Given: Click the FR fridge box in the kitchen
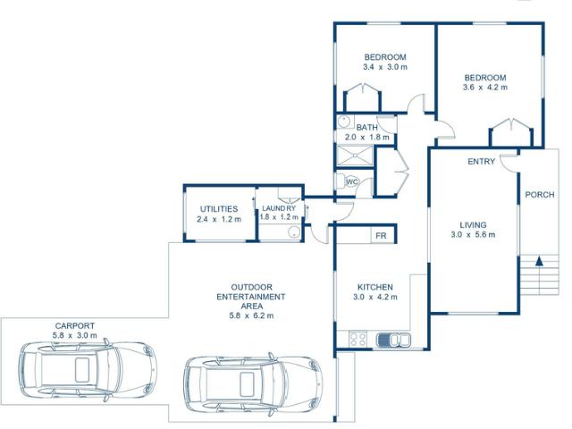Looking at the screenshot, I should pos(380,235).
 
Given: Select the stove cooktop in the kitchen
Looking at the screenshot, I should pos(358,340).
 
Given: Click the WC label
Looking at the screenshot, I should pos(352,181).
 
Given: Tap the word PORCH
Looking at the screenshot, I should pos(539,195).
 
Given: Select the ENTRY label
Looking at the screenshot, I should pos(481,162).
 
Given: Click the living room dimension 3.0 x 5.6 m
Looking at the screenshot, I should pos(473,235).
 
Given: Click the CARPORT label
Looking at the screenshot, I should pos(74,326).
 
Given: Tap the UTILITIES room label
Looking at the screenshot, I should pos(218,208).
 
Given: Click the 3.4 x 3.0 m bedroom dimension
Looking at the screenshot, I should pos(385,67).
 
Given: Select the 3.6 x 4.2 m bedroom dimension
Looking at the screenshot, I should pos(484,88).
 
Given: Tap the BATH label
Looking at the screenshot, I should pos(366,127).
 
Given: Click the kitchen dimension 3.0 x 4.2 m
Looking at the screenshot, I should pos(375,297).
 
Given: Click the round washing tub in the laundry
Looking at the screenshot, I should pos(294,232).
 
